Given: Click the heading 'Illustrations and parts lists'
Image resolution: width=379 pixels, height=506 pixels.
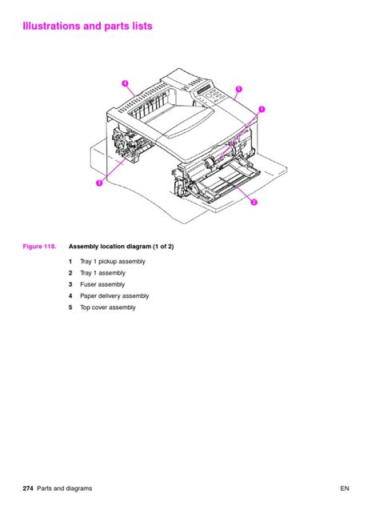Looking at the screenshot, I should click(88, 26).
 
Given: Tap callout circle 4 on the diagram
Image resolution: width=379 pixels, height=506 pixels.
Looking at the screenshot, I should click(126, 83).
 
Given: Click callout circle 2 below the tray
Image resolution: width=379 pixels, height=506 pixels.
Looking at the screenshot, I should click(253, 202).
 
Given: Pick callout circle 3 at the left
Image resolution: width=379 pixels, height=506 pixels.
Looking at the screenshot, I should click(98, 183).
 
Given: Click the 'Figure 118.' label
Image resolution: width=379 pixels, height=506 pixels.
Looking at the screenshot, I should click(38, 247).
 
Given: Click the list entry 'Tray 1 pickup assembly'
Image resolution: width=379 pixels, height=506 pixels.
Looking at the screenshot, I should click(112, 262).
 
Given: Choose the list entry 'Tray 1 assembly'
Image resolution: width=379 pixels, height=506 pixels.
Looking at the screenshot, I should click(102, 273).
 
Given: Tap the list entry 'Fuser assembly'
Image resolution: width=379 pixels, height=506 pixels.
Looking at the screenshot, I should click(102, 284).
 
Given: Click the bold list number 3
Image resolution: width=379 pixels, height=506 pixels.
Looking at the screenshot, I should click(70, 284).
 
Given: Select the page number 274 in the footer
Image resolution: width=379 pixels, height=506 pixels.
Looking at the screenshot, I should click(30, 488).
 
